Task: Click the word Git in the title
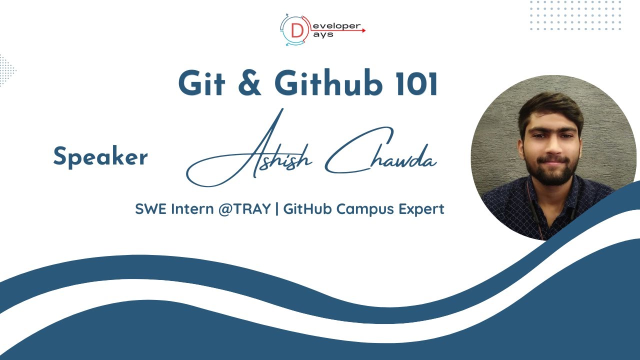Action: click(x=199, y=83)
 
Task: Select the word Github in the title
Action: click(x=328, y=84)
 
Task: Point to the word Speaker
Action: click(x=100, y=157)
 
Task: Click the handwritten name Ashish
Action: click(x=260, y=155)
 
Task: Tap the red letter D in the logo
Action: click(x=296, y=31)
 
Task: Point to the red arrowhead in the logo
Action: click(x=363, y=30)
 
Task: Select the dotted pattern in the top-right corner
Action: click(x=575, y=15)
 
